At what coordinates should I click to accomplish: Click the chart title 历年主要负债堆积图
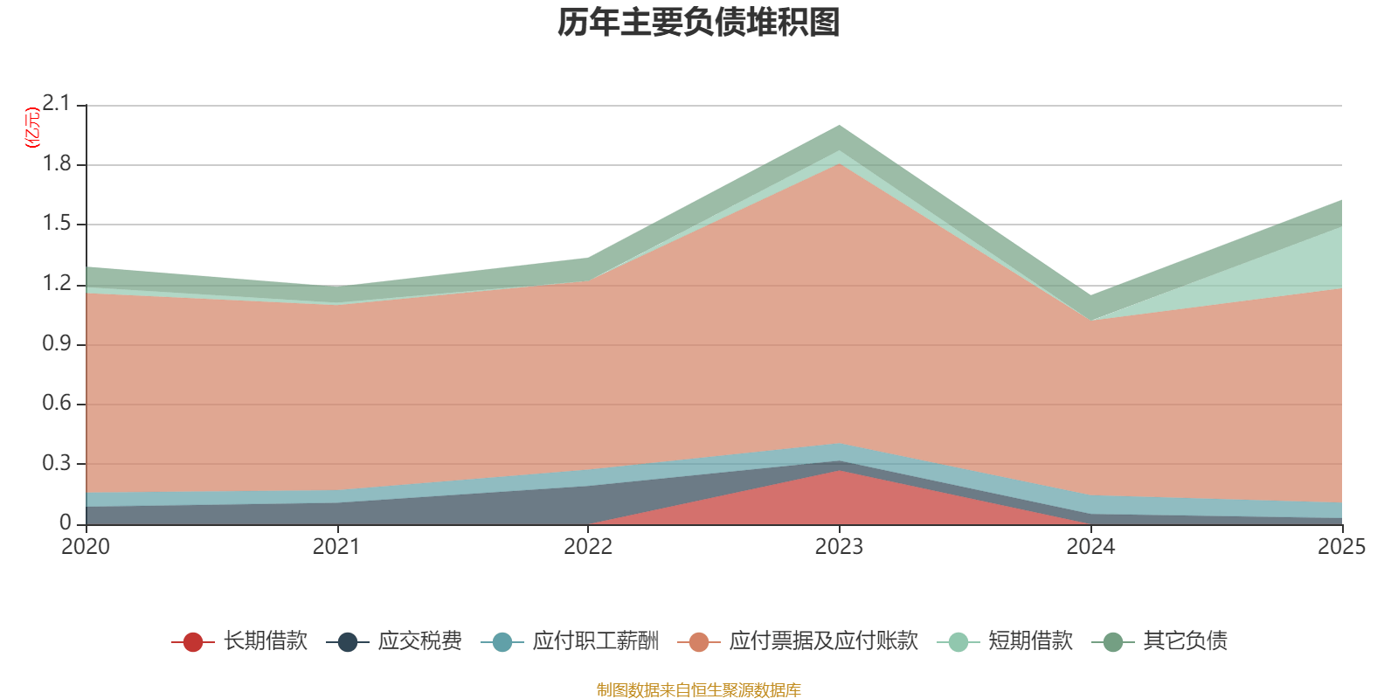coord(699,23)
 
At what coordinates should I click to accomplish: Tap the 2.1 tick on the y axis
coord(56,104)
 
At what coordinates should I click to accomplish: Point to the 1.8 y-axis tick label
coord(56,164)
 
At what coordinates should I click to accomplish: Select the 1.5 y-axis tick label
coord(56,224)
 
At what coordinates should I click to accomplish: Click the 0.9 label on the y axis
coord(56,343)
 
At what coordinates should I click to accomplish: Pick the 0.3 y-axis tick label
coord(56,463)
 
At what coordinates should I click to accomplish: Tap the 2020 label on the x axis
coord(86,547)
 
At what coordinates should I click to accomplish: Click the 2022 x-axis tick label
coord(588,547)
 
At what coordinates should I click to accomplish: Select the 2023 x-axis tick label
coord(839,547)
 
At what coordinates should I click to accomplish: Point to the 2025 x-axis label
coord(1341,547)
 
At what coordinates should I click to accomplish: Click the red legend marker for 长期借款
coord(193,642)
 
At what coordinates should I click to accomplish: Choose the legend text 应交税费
coord(419,641)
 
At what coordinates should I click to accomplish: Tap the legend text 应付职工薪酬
coord(595,641)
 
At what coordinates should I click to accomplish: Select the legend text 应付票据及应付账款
coord(823,641)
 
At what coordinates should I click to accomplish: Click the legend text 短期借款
coord(1030,641)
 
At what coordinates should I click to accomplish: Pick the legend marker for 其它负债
coord(1113,642)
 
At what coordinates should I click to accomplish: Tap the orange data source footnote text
coord(698,690)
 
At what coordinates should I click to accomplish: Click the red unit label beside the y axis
coord(31,128)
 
